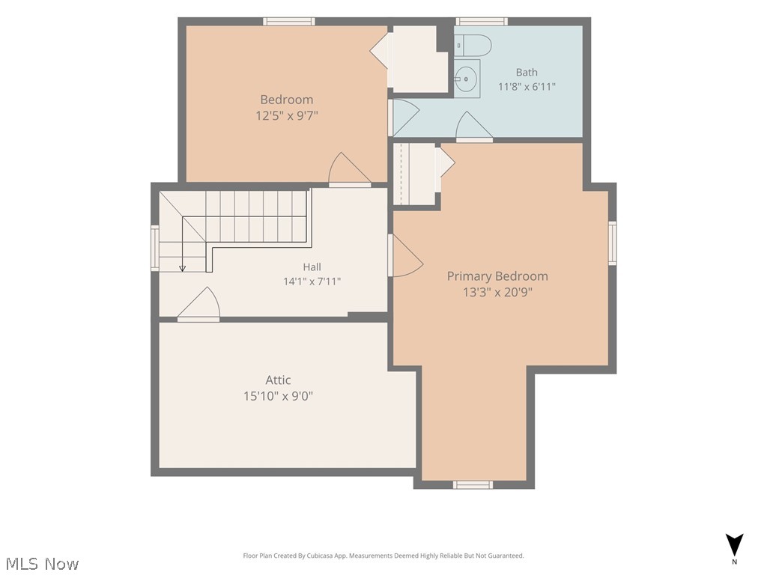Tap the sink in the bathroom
click(x=467, y=78)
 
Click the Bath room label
click(x=527, y=73)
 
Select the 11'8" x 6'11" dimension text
click(x=527, y=87)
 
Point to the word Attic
click(x=278, y=380)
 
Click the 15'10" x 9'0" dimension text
click(x=278, y=395)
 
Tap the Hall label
click(x=312, y=267)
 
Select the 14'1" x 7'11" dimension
click(x=312, y=282)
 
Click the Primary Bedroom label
click(x=497, y=276)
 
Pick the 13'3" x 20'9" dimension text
click(x=497, y=293)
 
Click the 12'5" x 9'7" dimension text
click(x=287, y=116)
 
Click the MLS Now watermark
click(x=43, y=564)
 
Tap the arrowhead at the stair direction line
click(x=183, y=269)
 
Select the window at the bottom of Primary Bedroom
click(x=473, y=484)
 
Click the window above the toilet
click(x=482, y=22)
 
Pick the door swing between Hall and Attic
click(x=198, y=304)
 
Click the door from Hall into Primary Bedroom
click(x=405, y=255)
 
